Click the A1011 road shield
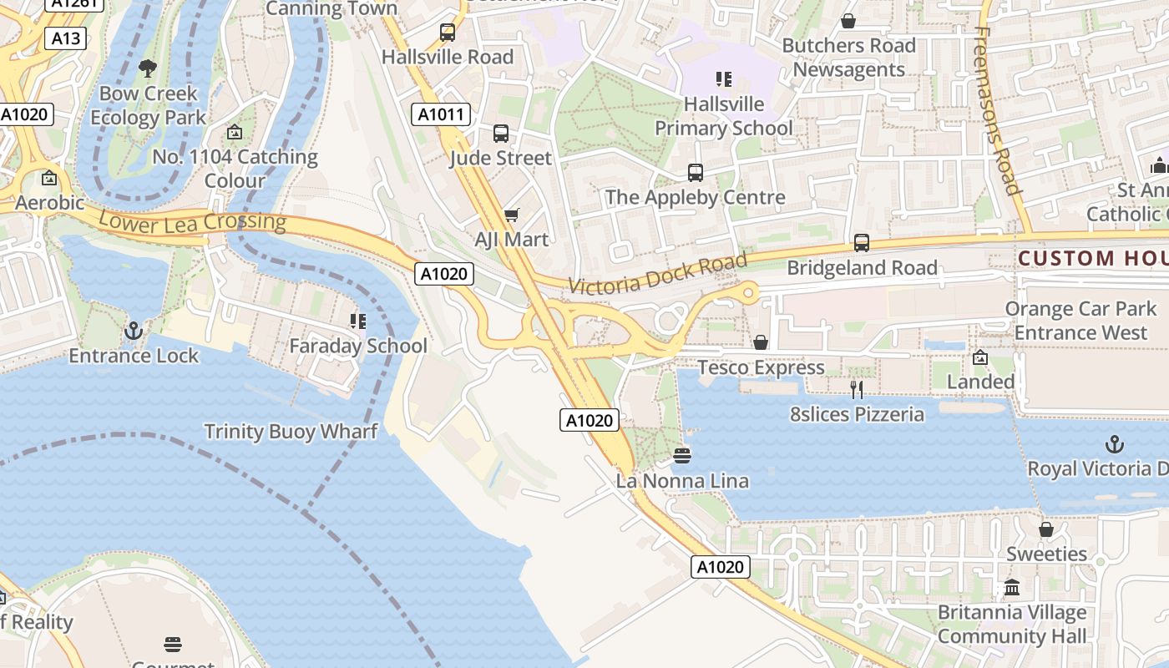[440, 114]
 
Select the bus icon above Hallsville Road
[448, 33]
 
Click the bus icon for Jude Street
[501, 134]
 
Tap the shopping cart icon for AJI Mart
[512, 215]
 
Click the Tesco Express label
[761, 367]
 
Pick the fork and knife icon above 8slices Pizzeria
[857, 389]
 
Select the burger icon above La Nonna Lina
[682, 456]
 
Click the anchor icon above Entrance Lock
[134, 331]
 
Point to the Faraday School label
[358, 346]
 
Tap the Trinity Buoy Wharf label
[291, 432]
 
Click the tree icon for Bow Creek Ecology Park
[148, 68]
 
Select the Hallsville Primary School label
[723, 116]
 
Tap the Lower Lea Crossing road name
[192, 221]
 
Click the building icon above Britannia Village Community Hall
[1012, 588]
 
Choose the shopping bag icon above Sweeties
[1045, 529]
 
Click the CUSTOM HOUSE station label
[1092, 258]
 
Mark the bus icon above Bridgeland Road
[861, 243]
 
